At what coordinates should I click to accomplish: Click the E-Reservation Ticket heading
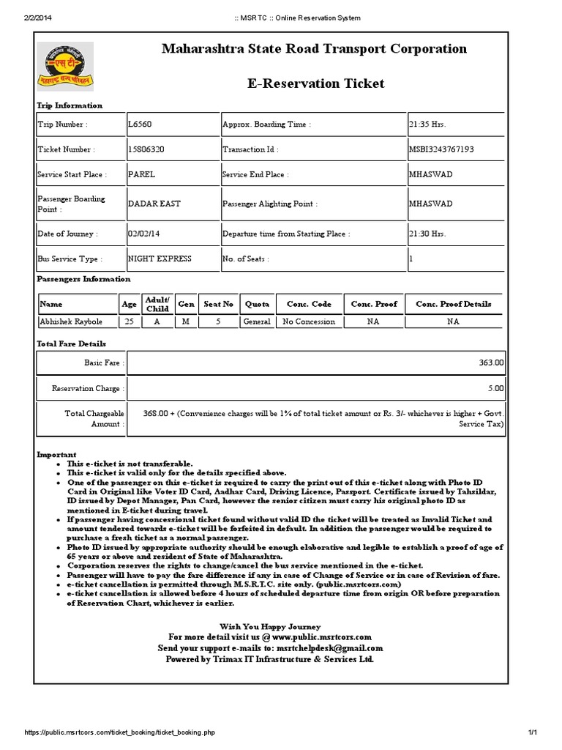point(316,83)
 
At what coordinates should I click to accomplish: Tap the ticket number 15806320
point(146,149)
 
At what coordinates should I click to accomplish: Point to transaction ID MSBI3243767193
point(441,149)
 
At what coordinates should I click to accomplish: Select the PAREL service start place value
point(141,175)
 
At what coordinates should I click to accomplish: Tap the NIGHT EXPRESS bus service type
point(160,259)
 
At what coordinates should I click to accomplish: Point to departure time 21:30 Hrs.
point(427,234)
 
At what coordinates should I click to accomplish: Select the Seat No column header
point(218,304)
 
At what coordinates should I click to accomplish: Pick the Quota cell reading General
point(257,322)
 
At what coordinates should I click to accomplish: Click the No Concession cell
point(309,322)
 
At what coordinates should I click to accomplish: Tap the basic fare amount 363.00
point(490,363)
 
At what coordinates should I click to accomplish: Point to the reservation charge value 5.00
point(495,389)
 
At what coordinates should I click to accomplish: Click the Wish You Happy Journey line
point(270,626)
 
